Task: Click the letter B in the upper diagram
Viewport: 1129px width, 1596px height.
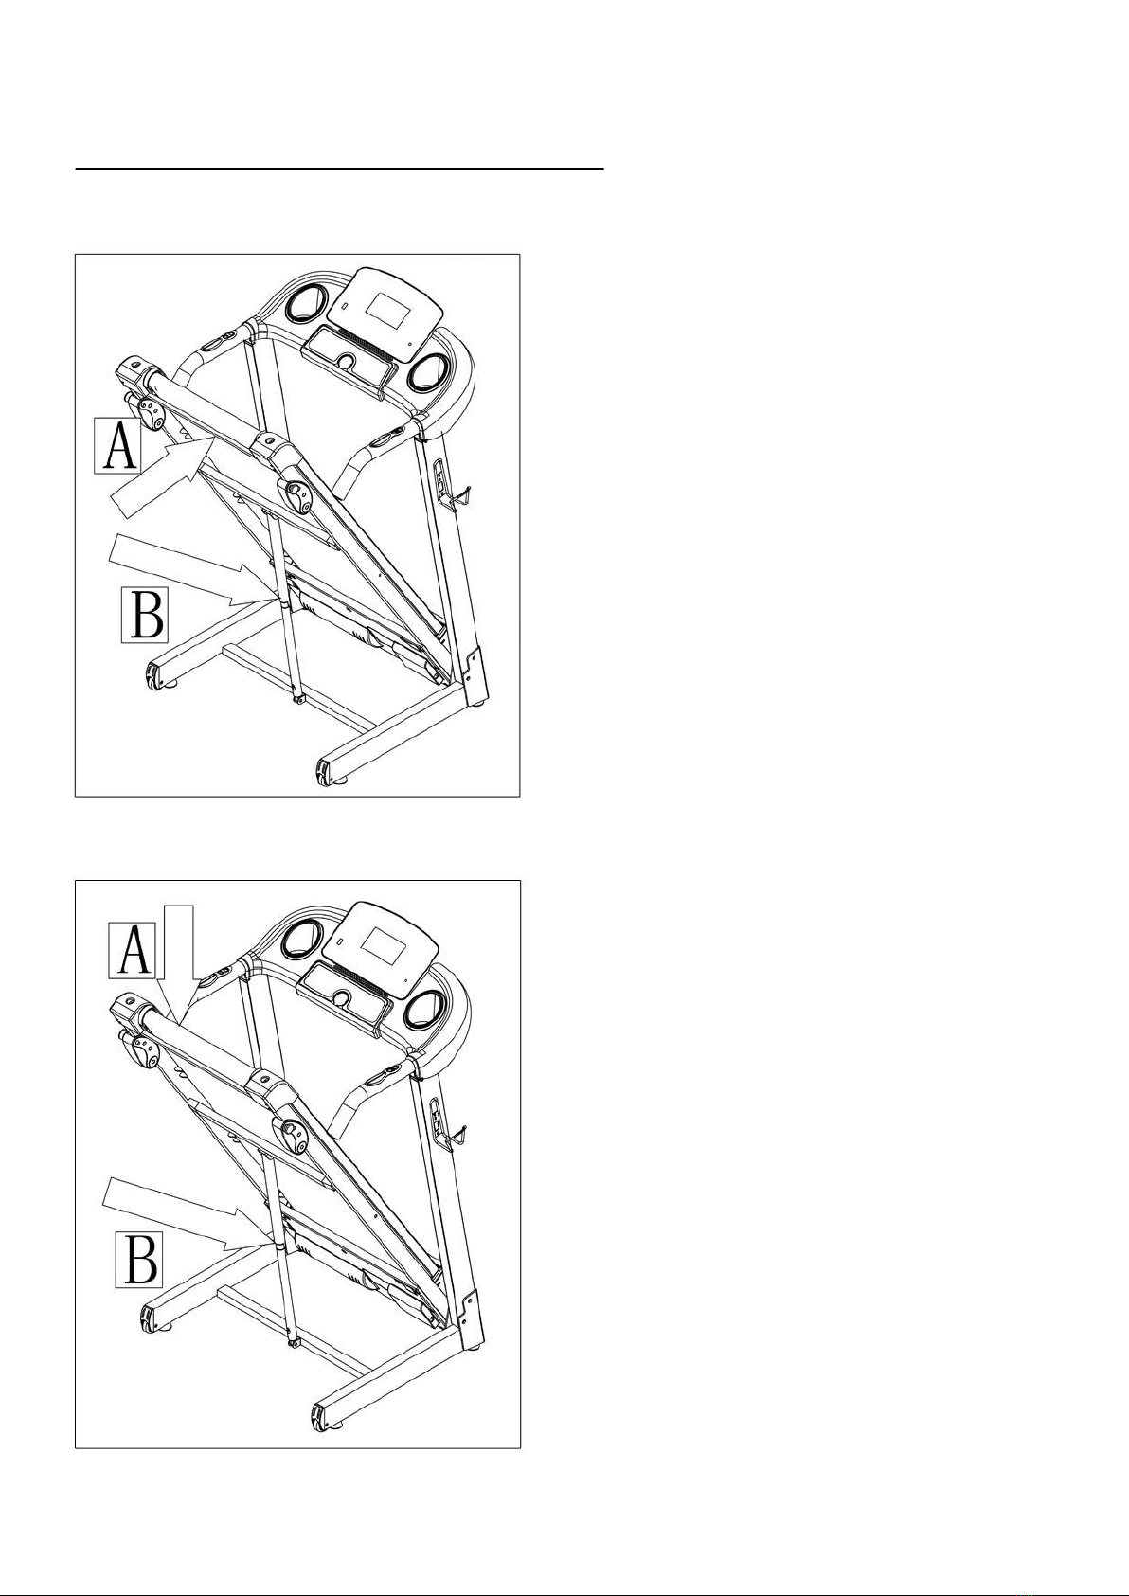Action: pos(145,614)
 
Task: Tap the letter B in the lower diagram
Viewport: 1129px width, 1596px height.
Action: pos(139,1259)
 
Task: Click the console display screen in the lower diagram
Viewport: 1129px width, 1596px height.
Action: pos(382,947)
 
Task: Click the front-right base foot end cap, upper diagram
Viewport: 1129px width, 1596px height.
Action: pos(323,772)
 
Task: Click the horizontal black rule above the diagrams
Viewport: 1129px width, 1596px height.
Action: pos(340,170)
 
